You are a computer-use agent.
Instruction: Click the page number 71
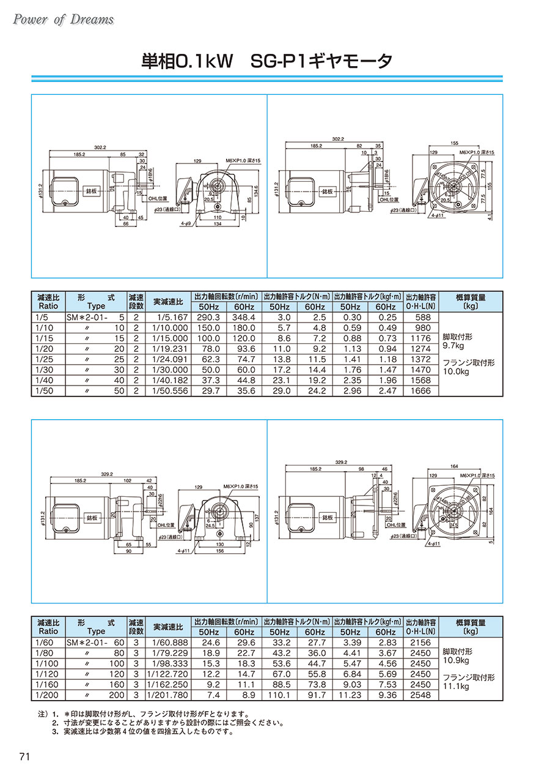(25, 756)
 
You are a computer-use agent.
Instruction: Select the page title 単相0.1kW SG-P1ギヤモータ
(266, 62)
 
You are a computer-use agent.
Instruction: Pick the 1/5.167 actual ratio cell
(167, 318)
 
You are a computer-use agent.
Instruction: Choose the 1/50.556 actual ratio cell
(167, 390)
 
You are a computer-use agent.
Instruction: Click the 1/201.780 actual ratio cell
(167, 695)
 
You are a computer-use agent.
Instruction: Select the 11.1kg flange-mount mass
(455, 687)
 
